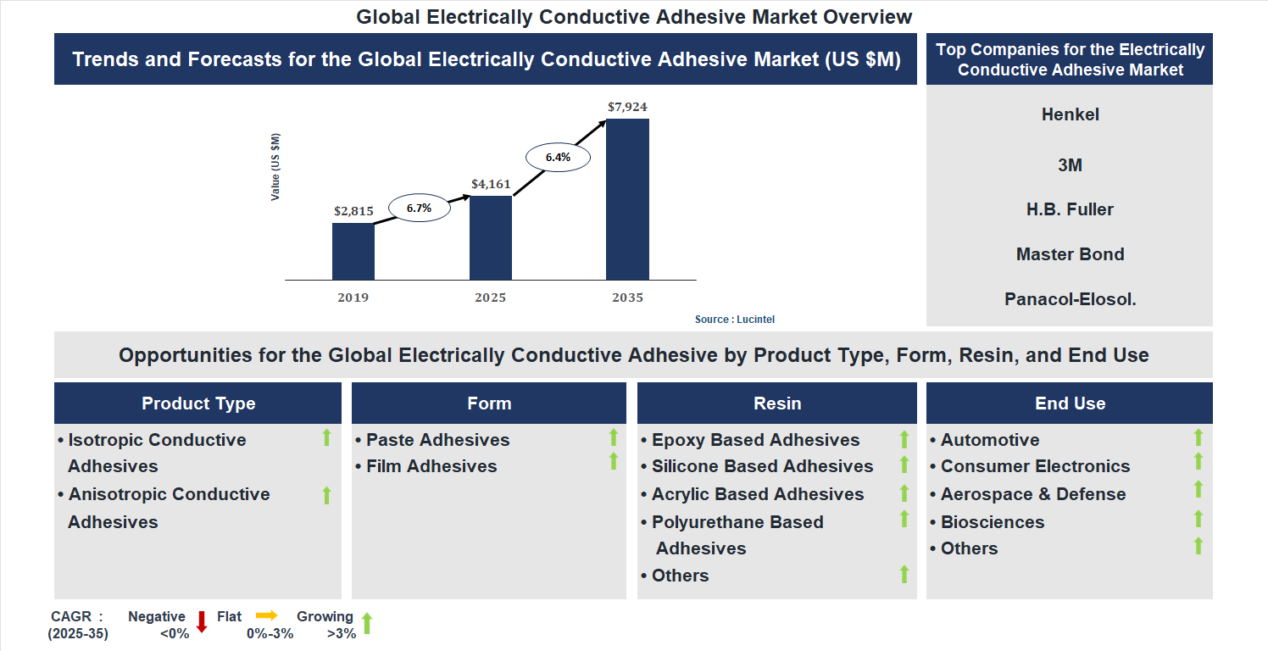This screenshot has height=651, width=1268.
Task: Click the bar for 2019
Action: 353,251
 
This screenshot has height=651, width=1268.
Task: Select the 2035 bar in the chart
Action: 627,199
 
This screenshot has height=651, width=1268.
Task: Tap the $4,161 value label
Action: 491,183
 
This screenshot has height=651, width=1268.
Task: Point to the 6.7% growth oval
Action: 419,208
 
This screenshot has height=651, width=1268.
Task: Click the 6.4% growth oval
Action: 558,157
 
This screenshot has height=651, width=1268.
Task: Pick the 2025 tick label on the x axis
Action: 491,298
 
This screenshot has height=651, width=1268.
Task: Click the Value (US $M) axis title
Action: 275,167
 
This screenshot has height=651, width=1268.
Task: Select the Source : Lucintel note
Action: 735,320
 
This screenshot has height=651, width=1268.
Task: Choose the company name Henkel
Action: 1070,114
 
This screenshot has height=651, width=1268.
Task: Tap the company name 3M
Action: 1070,165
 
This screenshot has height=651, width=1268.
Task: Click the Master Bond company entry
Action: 1070,254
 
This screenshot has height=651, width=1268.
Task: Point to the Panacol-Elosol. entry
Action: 1070,299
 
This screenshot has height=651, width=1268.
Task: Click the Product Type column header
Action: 198,403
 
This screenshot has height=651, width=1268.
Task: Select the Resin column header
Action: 777,403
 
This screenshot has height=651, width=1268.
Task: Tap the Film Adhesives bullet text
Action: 431,466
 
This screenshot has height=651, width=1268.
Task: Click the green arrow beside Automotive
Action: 1198,437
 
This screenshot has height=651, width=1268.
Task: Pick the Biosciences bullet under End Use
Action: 993,522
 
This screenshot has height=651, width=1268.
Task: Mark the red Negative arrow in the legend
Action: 202,621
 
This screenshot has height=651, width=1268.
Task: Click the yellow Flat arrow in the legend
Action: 267,615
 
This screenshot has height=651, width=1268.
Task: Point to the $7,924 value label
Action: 627,108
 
